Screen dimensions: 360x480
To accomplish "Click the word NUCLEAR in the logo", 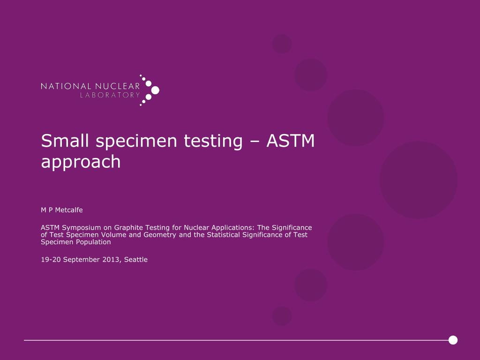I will point(118,86).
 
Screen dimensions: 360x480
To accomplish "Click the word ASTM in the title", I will point(291,141).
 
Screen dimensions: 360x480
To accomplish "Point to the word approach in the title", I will point(81,162).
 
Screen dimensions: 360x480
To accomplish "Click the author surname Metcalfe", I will point(68,210).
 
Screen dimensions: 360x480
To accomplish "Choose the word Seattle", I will point(136,259).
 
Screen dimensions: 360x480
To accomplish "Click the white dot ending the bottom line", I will point(453,340).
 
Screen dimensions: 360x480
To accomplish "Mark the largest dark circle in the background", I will point(418,180).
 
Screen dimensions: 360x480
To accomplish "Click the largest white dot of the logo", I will point(155,90).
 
